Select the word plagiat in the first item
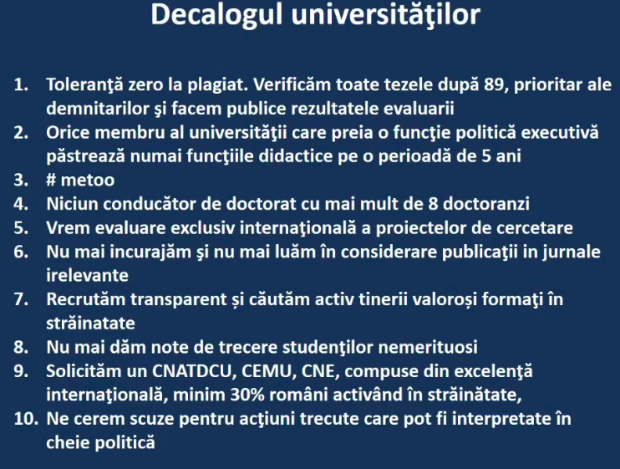[x=217, y=85]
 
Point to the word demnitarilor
[x=98, y=109]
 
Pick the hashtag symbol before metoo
[x=51, y=181]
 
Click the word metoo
[x=88, y=181]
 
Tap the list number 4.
[x=21, y=204]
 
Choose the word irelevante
[x=88, y=276]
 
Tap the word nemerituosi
[x=428, y=347]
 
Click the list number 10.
[x=26, y=419]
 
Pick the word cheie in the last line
[x=67, y=442]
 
